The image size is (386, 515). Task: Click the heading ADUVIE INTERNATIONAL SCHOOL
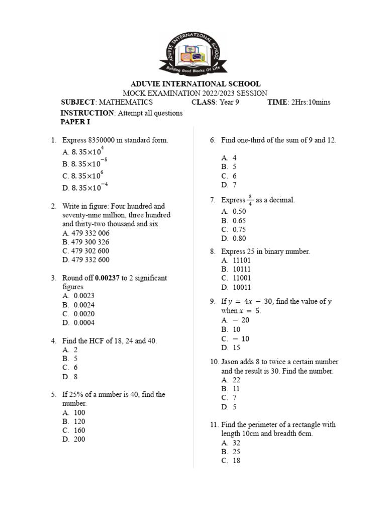pos(196,84)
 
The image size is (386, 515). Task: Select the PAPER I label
pos(77,122)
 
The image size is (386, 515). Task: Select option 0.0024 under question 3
pos(84,305)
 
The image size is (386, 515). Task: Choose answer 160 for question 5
pos(79,431)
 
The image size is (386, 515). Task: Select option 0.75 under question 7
pos(239,230)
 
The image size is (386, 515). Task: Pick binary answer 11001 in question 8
pos(242,278)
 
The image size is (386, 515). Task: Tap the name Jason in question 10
pos(231,362)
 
